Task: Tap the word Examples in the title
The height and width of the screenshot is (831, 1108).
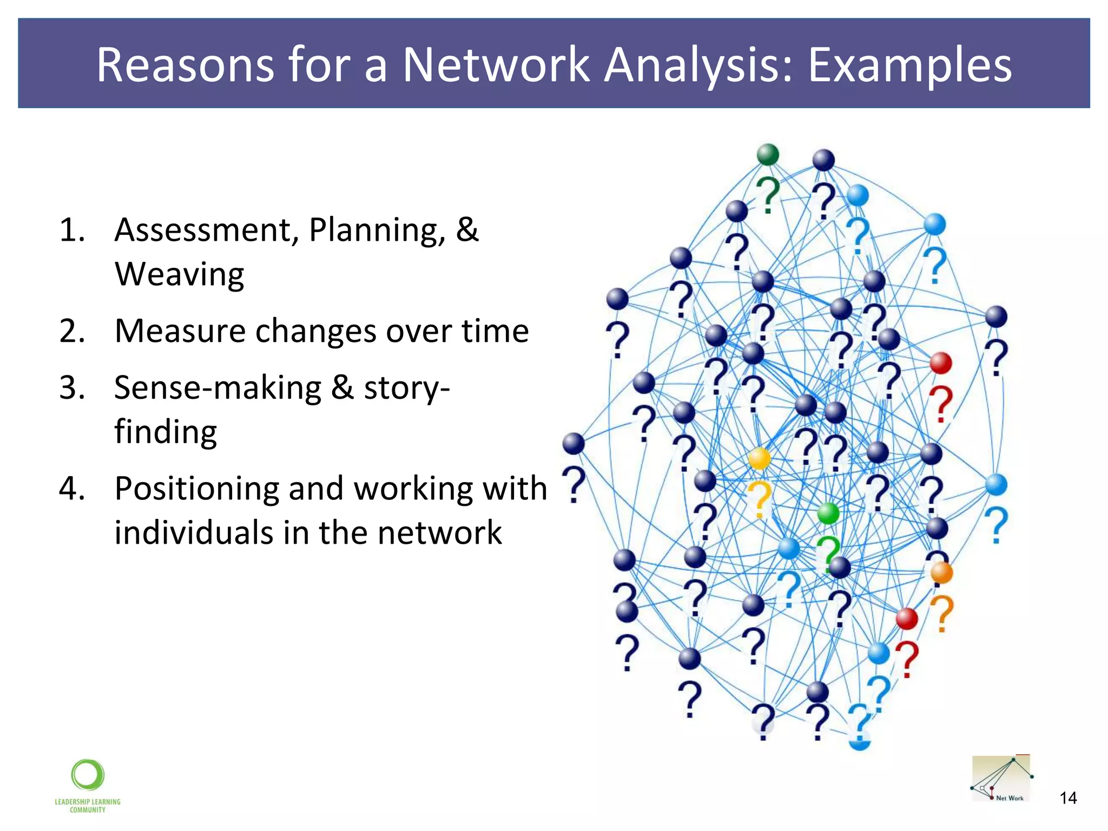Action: (909, 65)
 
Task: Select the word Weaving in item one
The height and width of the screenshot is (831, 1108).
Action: (179, 274)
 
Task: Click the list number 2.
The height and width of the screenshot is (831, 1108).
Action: (71, 331)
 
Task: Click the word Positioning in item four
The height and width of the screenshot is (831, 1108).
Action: (196, 489)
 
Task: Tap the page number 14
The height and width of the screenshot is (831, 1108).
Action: (1067, 798)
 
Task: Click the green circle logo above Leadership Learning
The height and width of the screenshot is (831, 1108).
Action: (88, 775)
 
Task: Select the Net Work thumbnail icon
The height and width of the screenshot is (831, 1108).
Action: (1001, 779)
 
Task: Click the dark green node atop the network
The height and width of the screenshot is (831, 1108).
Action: (767, 155)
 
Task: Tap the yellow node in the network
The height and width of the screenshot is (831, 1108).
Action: (759, 458)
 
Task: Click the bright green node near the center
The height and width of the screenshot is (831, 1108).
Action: (828, 513)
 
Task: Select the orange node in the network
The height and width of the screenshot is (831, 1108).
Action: (941, 572)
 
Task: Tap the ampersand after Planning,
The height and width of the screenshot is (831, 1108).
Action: (467, 230)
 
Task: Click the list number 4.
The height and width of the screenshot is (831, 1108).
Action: (71, 489)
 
